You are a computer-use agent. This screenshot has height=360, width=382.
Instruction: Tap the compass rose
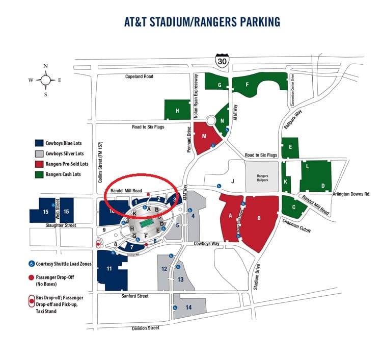(46, 80)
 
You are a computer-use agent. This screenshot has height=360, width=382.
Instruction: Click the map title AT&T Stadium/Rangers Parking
(203, 22)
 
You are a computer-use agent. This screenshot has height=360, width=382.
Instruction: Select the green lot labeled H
(177, 110)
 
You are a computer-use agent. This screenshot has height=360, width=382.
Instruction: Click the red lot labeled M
(205, 137)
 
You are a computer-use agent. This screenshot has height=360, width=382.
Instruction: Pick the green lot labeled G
(219, 85)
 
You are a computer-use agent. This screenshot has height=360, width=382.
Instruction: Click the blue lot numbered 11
(110, 269)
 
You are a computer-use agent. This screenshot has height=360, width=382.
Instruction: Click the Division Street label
(146, 328)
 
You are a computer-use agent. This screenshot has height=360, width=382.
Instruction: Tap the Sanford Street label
(134, 296)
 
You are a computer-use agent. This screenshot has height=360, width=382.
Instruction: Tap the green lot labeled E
(290, 147)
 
